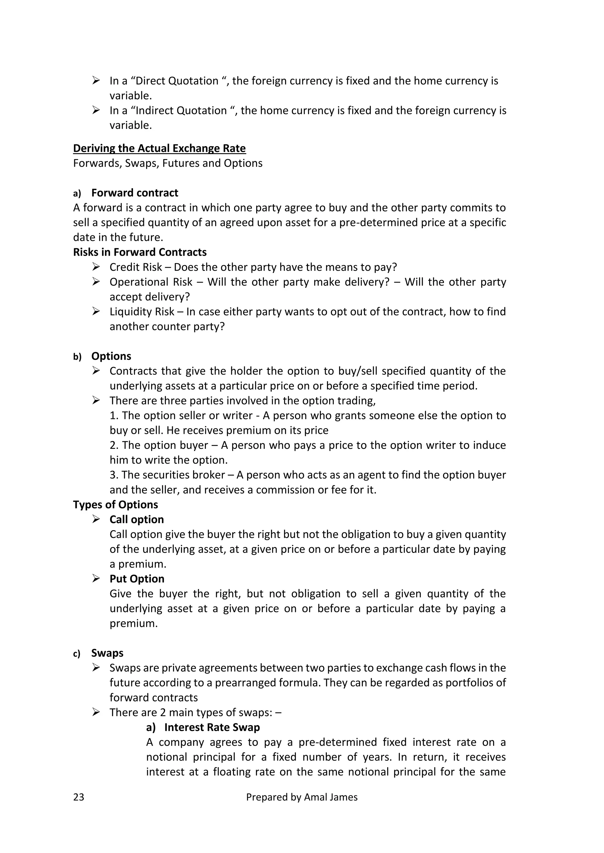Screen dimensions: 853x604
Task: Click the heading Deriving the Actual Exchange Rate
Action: click(159, 148)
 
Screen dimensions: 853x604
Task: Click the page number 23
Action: click(78, 797)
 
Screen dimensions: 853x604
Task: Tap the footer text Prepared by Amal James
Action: click(302, 797)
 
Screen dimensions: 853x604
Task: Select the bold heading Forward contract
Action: click(135, 193)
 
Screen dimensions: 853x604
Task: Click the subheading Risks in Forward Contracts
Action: click(139, 252)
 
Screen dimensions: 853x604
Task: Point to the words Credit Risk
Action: click(136, 267)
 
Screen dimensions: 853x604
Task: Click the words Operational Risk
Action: click(151, 282)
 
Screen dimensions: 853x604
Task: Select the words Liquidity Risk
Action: click(142, 312)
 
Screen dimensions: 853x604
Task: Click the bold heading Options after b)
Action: click(111, 356)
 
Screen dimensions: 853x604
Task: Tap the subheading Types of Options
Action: click(115, 505)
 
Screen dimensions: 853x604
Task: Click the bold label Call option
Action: click(137, 519)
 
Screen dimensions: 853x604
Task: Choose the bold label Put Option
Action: click(137, 579)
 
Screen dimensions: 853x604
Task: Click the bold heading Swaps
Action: click(107, 653)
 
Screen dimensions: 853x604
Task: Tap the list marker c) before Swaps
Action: click(77, 654)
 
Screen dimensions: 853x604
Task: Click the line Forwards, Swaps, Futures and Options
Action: click(168, 163)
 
